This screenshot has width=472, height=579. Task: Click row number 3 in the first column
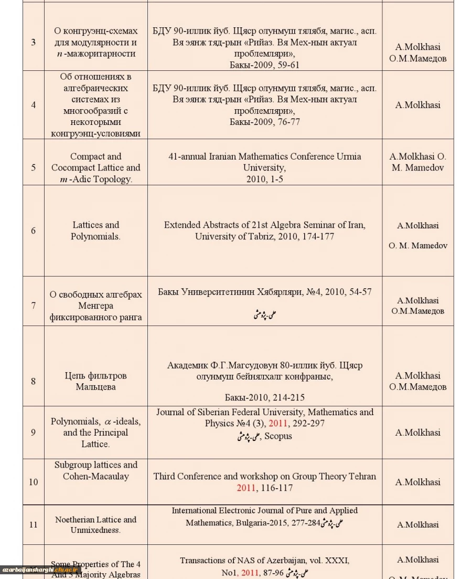click(x=34, y=42)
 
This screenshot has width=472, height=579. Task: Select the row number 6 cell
click(x=34, y=230)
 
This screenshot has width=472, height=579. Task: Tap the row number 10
click(x=34, y=482)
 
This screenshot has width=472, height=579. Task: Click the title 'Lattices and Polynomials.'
click(x=95, y=230)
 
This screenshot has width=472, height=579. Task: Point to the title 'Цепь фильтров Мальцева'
click(x=95, y=381)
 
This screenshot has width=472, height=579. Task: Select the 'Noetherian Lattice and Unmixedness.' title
click(x=95, y=524)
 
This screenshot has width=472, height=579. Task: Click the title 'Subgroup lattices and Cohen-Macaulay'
click(x=95, y=470)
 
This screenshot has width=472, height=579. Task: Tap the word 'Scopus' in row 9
click(x=278, y=436)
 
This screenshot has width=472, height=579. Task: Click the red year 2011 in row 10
click(x=246, y=488)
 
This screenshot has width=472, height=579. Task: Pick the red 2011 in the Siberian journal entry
click(x=278, y=423)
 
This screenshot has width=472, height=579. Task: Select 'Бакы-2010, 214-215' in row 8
click(x=264, y=397)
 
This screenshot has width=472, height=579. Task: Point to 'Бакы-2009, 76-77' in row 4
click(x=264, y=122)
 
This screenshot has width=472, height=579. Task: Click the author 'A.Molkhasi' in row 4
click(x=417, y=104)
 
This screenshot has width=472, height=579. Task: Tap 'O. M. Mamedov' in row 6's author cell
click(x=417, y=246)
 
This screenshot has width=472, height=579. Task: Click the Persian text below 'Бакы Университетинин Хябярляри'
click(x=264, y=314)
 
